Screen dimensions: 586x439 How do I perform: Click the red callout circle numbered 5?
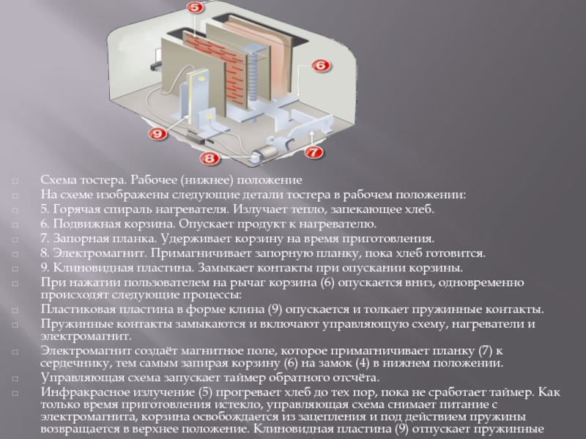[x=194, y=7]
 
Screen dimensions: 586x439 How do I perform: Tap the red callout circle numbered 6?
[x=321, y=65]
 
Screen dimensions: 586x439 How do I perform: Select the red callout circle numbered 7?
[x=314, y=152]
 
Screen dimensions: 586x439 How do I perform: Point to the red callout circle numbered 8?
[x=209, y=158]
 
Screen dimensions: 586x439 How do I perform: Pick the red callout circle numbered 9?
[x=157, y=133]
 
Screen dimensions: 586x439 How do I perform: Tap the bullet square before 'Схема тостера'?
[x=15, y=181]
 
